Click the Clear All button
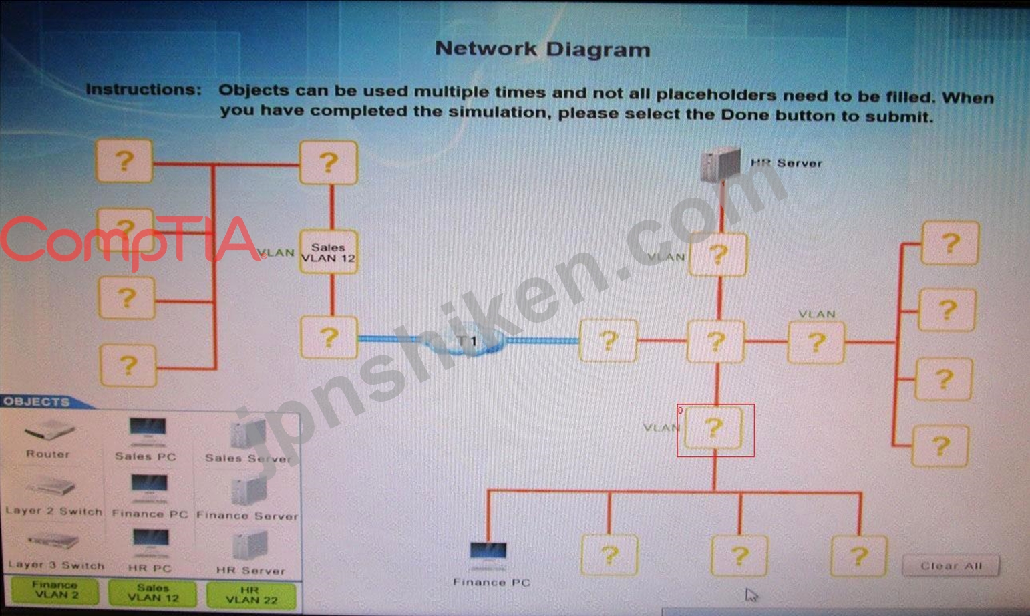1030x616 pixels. (951, 565)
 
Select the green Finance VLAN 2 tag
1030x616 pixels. (55, 591)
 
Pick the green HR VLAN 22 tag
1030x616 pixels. (251, 595)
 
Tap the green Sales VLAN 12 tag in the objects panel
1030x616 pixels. (153, 593)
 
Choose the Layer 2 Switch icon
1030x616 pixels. (51, 486)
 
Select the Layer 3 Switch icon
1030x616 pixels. (53, 541)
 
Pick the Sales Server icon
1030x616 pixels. (248, 434)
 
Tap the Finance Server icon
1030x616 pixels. (249, 491)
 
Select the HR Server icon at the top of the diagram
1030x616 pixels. (720, 163)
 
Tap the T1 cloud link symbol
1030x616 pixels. (468, 341)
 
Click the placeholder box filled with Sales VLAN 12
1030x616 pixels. (329, 252)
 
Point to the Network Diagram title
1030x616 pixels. (542, 49)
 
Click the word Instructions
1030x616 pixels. (144, 90)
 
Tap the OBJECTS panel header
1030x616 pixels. (37, 402)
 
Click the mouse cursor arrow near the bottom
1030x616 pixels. (751, 595)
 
